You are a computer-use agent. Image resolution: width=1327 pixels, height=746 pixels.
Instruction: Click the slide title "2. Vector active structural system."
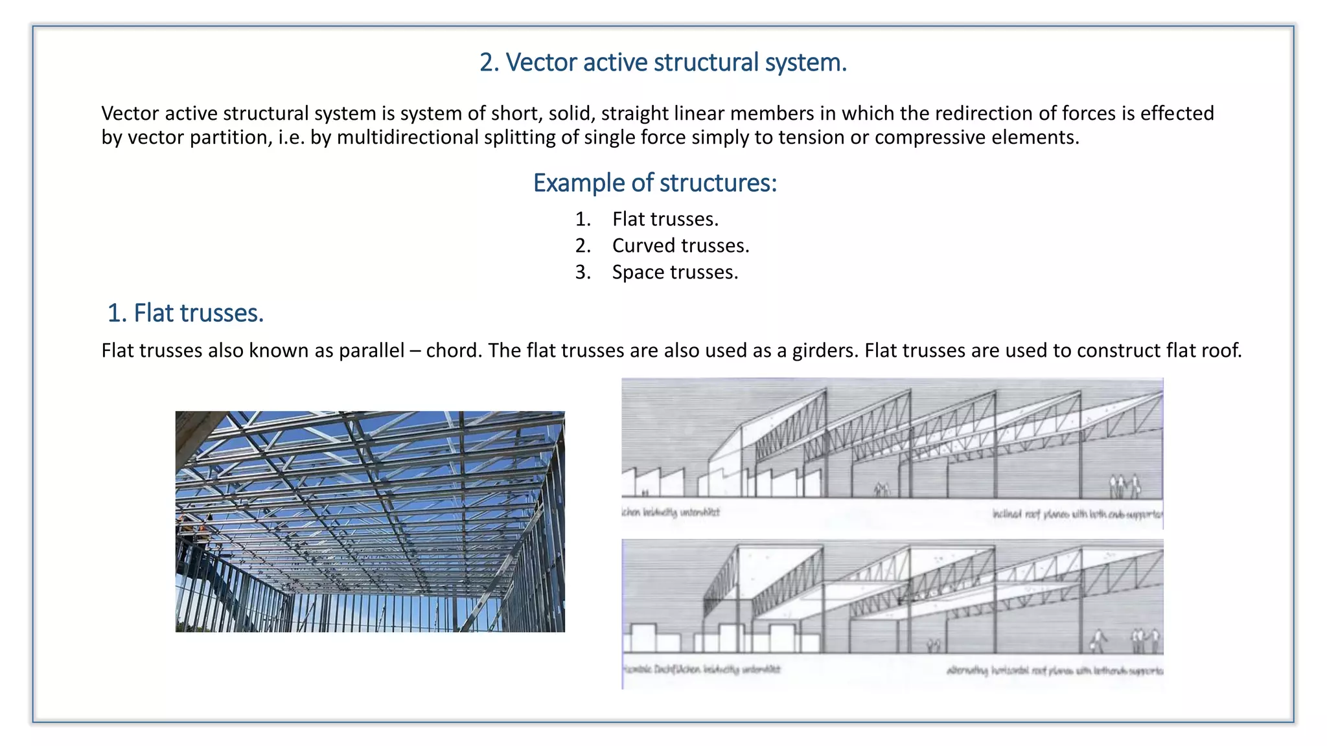click(663, 63)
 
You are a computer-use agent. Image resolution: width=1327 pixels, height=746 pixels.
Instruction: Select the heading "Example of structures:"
click(654, 183)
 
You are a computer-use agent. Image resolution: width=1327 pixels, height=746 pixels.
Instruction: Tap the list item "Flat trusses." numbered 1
click(665, 220)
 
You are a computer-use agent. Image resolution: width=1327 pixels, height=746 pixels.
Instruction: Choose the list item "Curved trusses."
click(680, 246)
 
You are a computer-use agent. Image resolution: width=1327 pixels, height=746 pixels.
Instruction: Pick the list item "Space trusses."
click(675, 273)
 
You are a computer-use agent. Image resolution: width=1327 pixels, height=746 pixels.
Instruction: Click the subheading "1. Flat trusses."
click(185, 313)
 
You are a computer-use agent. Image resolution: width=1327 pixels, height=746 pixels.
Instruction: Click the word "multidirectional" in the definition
click(408, 138)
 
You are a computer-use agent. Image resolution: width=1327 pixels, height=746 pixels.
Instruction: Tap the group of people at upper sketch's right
click(1124, 486)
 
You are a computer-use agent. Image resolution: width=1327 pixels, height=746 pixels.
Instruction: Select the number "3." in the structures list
click(583, 273)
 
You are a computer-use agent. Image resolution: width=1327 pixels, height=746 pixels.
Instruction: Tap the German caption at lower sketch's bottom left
click(702, 670)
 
